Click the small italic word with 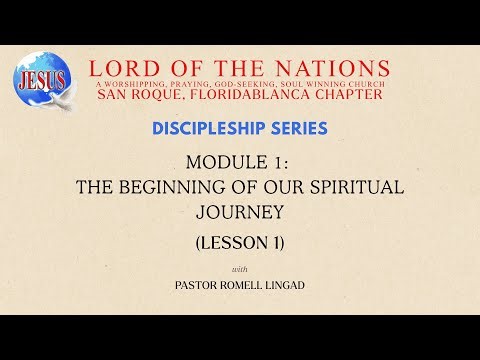point(240,269)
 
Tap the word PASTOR point(195,285)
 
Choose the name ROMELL point(244,285)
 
